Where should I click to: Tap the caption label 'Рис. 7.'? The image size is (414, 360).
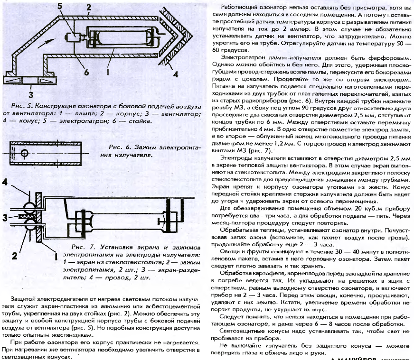[80, 247]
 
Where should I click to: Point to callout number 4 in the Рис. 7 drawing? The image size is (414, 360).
[6, 182]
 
